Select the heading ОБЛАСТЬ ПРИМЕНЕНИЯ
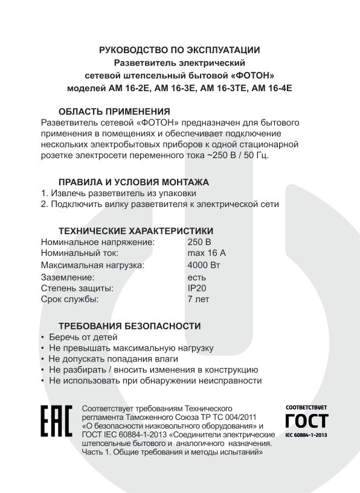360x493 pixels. click(114, 111)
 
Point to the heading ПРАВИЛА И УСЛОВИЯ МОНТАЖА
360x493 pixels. click(133, 182)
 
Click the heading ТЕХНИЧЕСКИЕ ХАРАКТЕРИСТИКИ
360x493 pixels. click(135, 231)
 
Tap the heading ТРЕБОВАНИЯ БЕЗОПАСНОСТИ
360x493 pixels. click(129, 326)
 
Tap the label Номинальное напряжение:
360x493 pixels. click(98, 242)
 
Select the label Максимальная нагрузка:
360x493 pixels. click(92, 265)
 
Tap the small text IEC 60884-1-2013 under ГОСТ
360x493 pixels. click(306, 434)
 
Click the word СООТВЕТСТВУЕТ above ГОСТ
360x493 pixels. click(306, 408)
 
